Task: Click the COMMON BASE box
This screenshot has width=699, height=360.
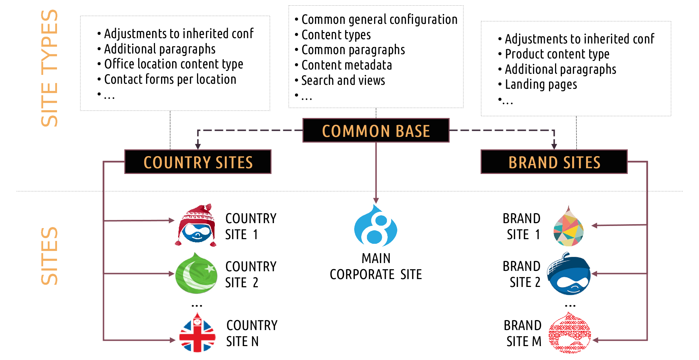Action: (x=376, y=130)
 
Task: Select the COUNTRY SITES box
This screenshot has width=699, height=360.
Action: (x=198, y=162)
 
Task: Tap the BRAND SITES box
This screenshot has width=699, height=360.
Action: (x=554, y=162)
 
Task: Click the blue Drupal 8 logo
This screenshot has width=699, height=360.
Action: (x=376, y=225)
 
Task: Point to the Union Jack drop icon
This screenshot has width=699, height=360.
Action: (x=197, y=333)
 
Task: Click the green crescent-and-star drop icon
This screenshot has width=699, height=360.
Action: (x=196, y=273)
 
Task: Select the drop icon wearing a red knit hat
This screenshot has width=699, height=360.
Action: (x=196, y=225)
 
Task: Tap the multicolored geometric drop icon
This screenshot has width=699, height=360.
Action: (x=569, y=226)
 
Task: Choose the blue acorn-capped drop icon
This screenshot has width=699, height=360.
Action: (x=569, y=273)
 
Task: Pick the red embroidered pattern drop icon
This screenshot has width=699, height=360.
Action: (x=570, y=333)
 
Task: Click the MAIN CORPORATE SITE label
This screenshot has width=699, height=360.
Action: (x=376, y=266)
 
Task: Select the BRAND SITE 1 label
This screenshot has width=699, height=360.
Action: (x=522, y=226)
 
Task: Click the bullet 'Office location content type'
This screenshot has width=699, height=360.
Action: (x=170, y=64)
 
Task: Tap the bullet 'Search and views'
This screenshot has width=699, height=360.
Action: (x=340, y=81)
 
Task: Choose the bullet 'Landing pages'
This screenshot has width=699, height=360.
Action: (x=538, y=85)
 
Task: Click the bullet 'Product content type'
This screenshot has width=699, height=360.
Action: (x=554, y=54)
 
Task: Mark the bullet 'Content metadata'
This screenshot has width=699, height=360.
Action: (x=343, y=65)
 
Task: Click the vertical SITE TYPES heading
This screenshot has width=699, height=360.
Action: (x=49, y=68)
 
